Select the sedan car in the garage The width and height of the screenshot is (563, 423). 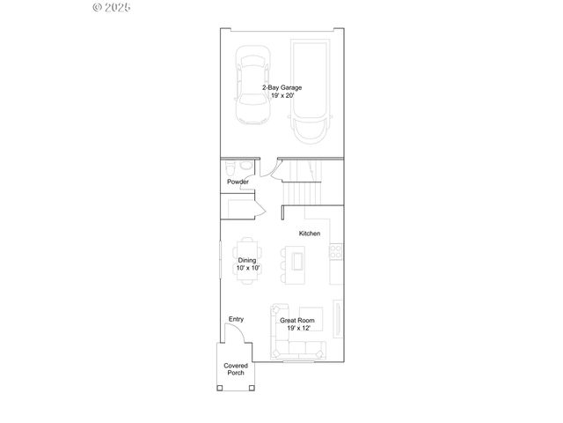[252, 90]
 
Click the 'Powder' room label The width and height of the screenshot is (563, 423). [238, 182]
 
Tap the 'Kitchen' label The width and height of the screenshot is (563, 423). [309, 234]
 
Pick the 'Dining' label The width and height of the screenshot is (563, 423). [247, 260]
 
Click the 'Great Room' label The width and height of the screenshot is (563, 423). [297, 321]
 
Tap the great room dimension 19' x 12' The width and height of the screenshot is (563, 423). [297, 328]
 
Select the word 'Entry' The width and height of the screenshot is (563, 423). [236, 319]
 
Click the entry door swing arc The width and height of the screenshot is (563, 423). [234, 333]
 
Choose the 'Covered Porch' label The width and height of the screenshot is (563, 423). [235, 368]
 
